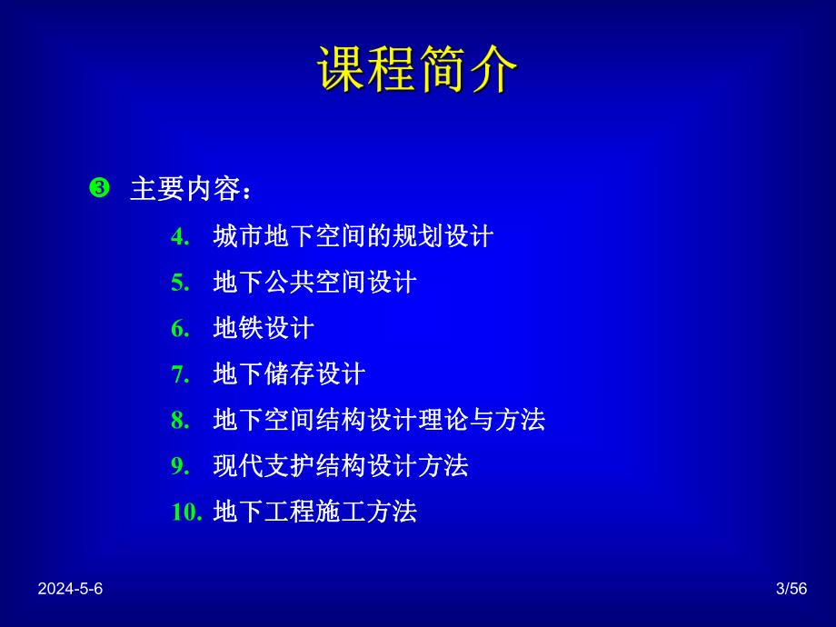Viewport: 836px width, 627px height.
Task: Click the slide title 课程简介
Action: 418,71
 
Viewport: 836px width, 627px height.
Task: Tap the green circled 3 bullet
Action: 99,188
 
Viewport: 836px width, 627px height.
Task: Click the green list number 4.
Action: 179,237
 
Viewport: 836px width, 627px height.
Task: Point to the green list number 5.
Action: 179,283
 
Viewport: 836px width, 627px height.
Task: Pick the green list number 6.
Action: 179,328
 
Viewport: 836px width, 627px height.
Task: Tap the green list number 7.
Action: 179,374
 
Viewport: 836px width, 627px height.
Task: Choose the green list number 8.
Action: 179,420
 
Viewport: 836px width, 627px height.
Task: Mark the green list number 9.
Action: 179,466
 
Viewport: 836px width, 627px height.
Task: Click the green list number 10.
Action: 185,512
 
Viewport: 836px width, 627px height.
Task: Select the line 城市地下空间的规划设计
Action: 353,237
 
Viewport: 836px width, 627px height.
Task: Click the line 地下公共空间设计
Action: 314,283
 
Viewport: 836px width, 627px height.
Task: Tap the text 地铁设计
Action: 264,328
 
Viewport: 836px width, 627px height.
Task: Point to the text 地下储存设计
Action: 289,374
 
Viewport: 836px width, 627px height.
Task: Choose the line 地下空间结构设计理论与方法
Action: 379,420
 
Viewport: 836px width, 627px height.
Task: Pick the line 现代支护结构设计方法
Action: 341,466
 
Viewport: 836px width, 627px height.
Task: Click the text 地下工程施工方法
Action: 314,512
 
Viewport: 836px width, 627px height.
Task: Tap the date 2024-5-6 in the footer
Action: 71,589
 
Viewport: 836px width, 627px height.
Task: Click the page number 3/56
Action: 791,589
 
